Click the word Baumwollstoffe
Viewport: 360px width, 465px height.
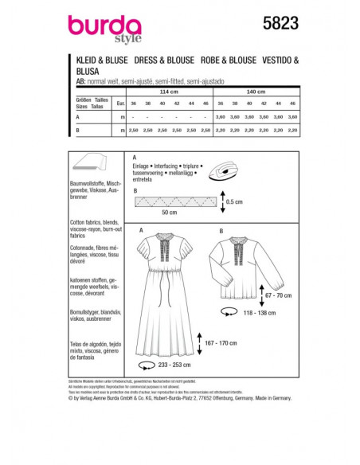click(x=95, y=184)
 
